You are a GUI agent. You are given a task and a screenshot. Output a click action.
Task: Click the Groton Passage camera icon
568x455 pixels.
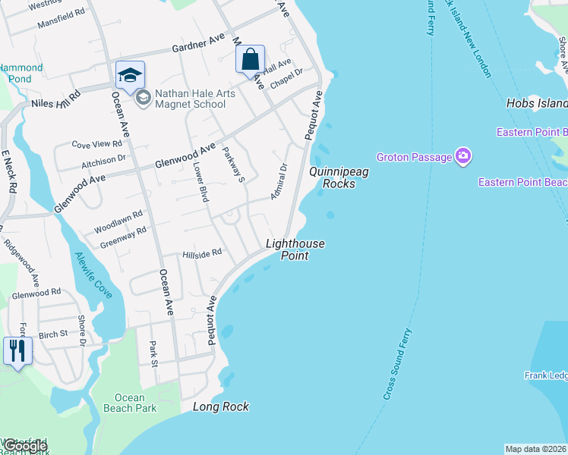click(x=463, y=157)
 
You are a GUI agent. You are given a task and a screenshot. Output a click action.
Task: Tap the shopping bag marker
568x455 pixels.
click(x=251, y=60)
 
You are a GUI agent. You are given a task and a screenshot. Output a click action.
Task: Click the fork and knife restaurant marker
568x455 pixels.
click(x=17, y=350)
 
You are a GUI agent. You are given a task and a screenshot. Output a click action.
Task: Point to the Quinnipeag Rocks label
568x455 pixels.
click(x=339, y=177)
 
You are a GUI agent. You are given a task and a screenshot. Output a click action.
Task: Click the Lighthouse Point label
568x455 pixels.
click(x=295, y=249)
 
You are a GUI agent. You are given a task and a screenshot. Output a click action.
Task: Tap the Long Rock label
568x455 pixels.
click(x=221, y=407)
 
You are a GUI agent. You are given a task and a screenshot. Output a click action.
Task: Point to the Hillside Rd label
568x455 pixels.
click(x=201, y=253)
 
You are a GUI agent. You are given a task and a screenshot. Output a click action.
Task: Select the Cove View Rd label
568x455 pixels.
click(x=96, y=143)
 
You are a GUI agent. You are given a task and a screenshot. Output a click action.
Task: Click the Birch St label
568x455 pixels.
click(x=52, y=334)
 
